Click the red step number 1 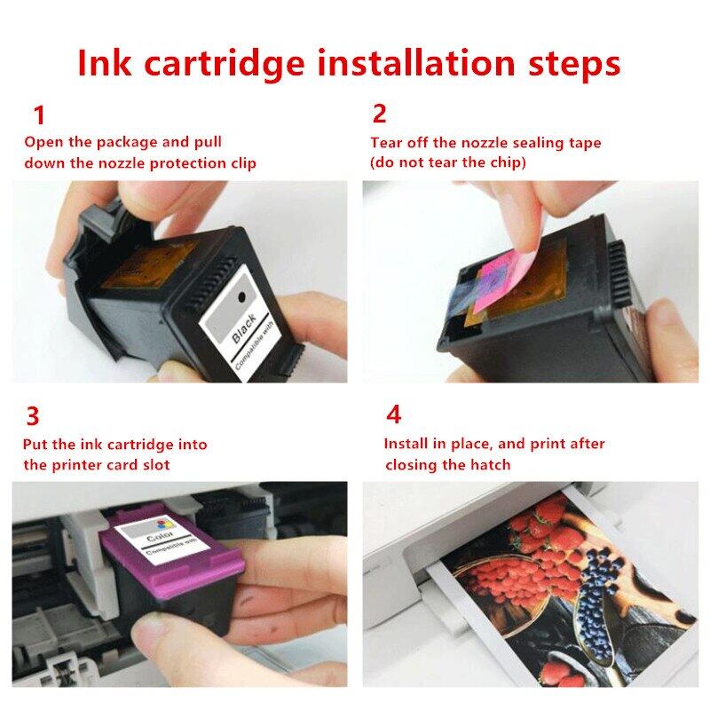(38, 115)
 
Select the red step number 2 (380, 114)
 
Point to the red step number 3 (33, 416)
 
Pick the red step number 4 (393, 414)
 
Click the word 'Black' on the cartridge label (244, 328)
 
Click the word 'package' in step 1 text (135, 142)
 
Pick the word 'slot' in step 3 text (154, 465)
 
